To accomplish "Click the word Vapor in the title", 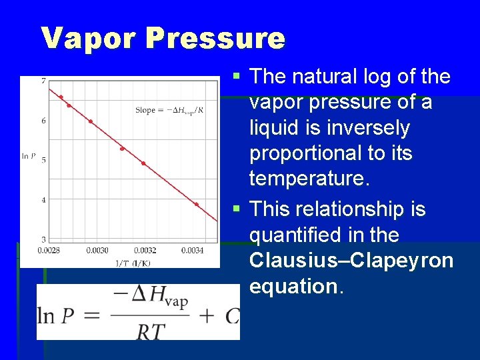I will pyautogui.click(x=89, y=38).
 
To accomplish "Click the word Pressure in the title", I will pyautogui.click(x=215, y=38).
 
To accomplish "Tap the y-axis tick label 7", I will pyautogui.click(x=43, y=81).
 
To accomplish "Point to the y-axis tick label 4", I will pyautogui.click(x=43, y=199).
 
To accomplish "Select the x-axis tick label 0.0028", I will pyautogui.click(x=47, y=250).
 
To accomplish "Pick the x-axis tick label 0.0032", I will pyautogui.click(x=145, y=250).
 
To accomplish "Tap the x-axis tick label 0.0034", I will pyautogui.click(x=193, y=250).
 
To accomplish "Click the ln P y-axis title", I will pyautogui.click(x=29, y=156).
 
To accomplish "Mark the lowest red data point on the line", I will pyautogui.click(x=196, y=205).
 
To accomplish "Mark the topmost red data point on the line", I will pyautogui.click(x=61, y=97).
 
